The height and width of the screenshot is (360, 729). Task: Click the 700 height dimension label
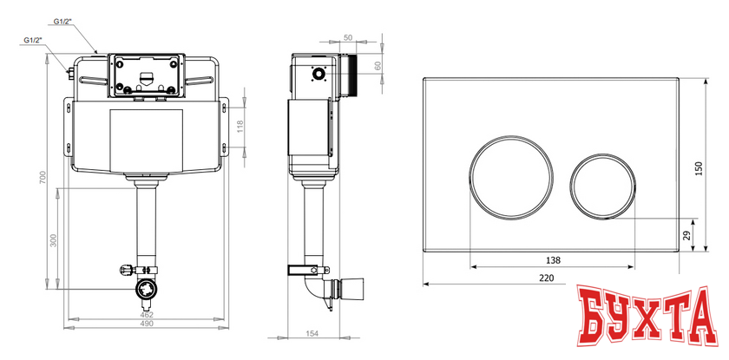(x=43, y=178)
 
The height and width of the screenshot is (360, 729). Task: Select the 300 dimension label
(x=53, y=239)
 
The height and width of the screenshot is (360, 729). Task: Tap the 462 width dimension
(x=147, y=315)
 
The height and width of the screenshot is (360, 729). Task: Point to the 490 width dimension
(x=147, y=324)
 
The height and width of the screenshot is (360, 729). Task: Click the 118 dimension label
(x=240, y=126)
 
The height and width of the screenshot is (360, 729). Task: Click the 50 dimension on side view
(x=348, y=37)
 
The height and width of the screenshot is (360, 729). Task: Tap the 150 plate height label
(x=699, y=168)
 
